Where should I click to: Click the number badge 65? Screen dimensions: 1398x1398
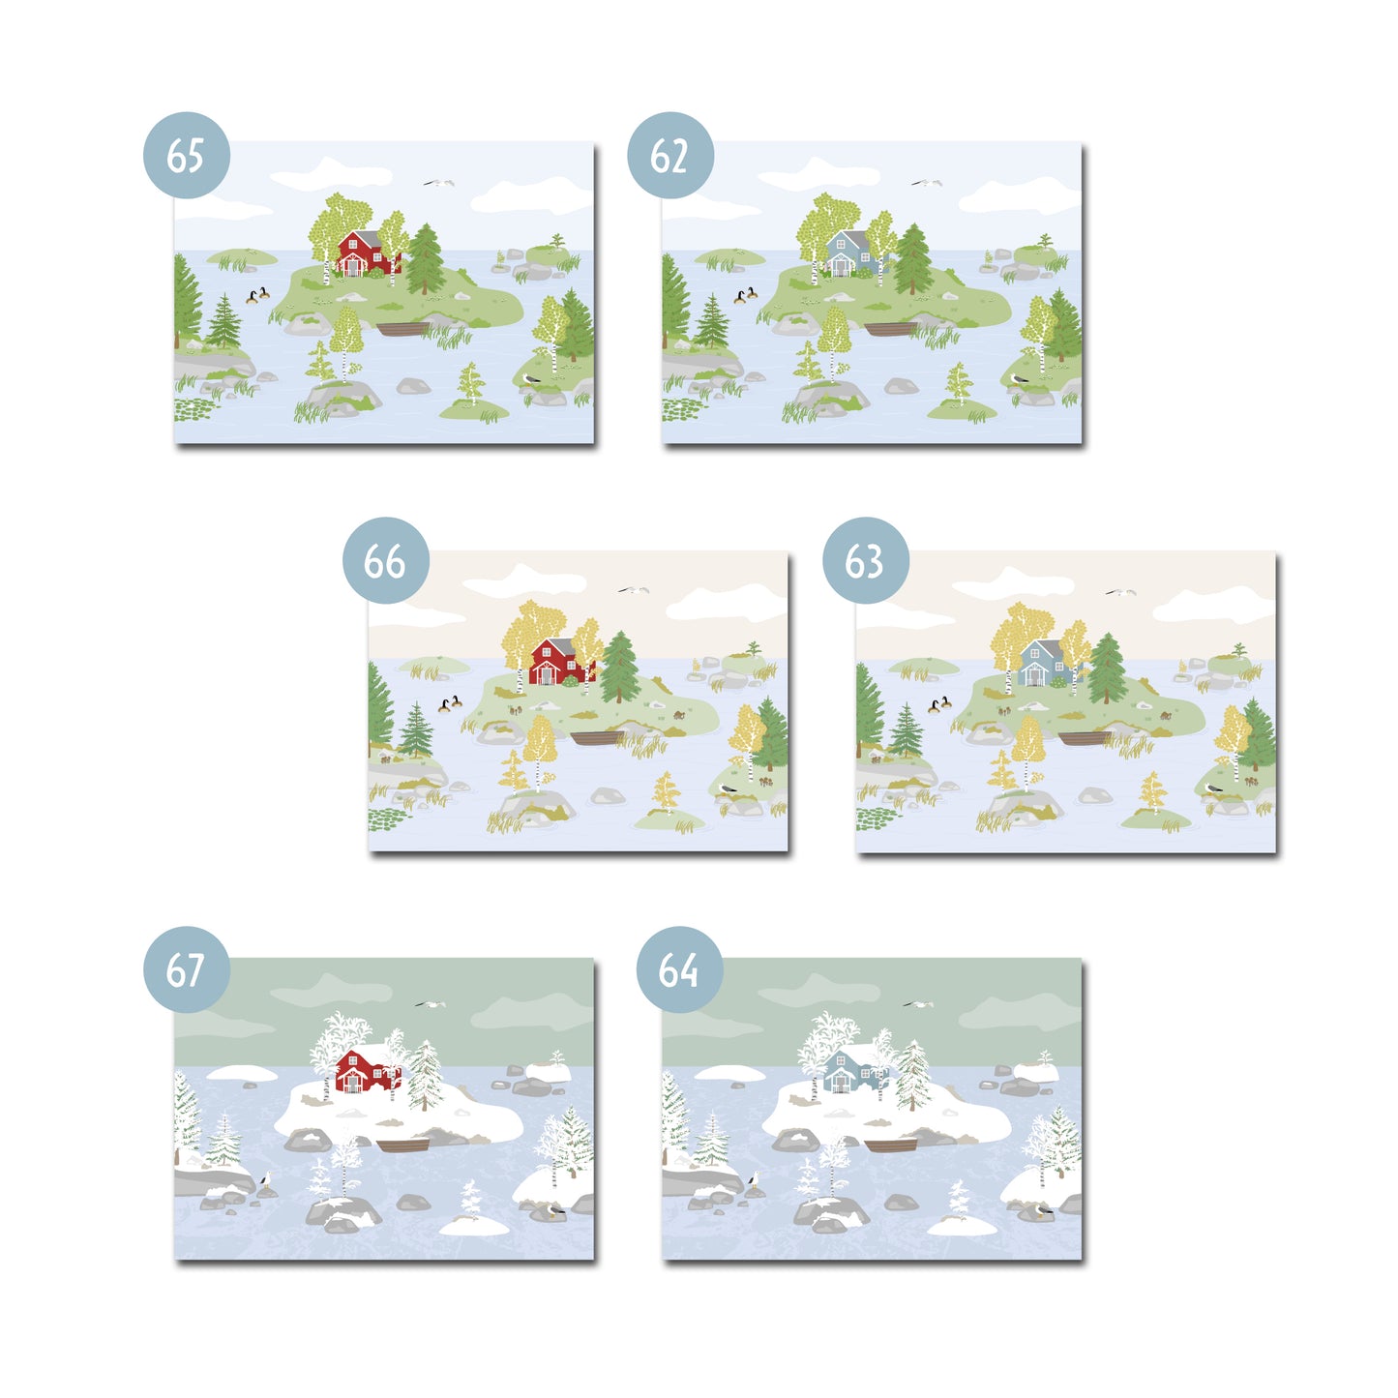[x=187, y=155]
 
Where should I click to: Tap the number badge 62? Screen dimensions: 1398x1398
[x=670, y=155]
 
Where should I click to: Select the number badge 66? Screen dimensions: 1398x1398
[x=386, y=560]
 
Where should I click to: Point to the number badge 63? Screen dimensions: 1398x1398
[x=866, y=560]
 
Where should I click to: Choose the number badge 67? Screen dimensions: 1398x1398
[x=187, y=969]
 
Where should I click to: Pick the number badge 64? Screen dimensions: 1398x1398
[x=680, y=969]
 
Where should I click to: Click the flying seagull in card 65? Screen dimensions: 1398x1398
[x=439, y=183]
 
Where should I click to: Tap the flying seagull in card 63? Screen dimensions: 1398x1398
[x=1120, y=592]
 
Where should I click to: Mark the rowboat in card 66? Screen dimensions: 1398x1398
[x=596, y=738]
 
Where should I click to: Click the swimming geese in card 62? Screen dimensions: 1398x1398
[x=745, y=294]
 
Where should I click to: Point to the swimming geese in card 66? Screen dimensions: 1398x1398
[x=451, y=703]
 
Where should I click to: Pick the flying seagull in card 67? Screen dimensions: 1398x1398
[x=431, y=1003]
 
